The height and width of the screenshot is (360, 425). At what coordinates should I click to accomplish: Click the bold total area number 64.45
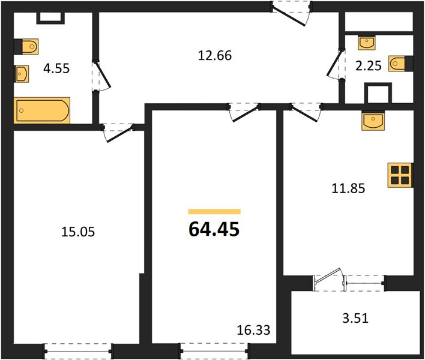214,229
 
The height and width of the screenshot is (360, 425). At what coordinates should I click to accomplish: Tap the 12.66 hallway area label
215,56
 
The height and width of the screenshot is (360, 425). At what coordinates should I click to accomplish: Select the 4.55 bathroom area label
56,68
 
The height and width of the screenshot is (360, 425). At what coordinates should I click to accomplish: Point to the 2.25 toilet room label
369,65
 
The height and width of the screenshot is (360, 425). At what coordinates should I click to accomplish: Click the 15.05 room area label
78,232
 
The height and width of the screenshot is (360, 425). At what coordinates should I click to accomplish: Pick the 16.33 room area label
253,330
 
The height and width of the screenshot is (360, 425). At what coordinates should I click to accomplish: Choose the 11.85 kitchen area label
348,188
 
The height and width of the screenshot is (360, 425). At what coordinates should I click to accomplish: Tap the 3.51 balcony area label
355,318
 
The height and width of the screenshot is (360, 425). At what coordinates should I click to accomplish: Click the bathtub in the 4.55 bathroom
42,110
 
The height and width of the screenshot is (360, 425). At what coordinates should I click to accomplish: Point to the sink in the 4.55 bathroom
22,74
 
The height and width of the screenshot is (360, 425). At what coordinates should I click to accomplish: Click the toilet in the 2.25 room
398,64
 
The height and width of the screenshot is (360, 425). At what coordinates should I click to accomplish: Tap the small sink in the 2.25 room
366,43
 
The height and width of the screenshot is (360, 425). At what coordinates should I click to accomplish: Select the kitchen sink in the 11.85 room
373,121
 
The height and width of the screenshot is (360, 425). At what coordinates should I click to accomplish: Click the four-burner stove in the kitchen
400,175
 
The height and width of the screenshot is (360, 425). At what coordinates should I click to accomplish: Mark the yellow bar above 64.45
214,212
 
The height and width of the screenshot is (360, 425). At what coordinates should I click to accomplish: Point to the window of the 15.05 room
78,352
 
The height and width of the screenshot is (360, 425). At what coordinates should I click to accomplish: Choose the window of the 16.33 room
215,352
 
